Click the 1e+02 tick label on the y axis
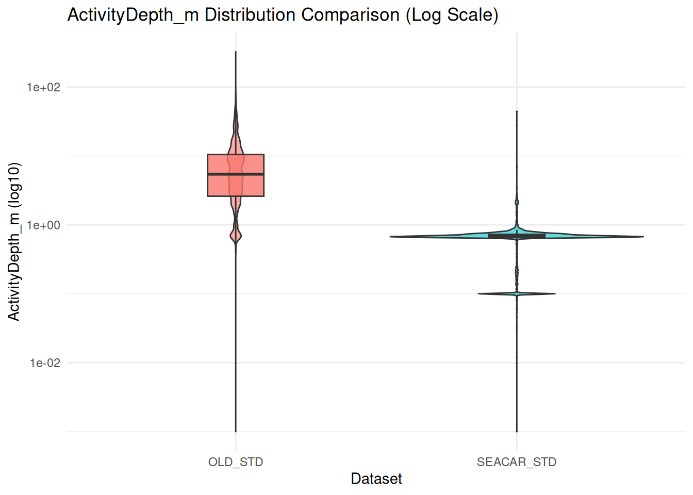pos(43,87)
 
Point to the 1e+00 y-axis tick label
pos(43,225)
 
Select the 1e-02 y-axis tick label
pos(45,363)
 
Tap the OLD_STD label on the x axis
pos(236,462)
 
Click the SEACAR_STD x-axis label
pos(516,462)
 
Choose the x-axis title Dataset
pos(376,479)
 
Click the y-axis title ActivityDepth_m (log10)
pos(14,241)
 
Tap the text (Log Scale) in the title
pos(452,15)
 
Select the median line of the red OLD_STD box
pos(236,174)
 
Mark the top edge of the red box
pos(236,155)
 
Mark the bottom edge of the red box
pos(236,196)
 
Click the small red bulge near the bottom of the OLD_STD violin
pos(236,236)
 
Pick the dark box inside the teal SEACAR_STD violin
pos(516,236)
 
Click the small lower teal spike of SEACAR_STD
pos(516,294)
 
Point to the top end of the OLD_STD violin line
pos(236,52)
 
